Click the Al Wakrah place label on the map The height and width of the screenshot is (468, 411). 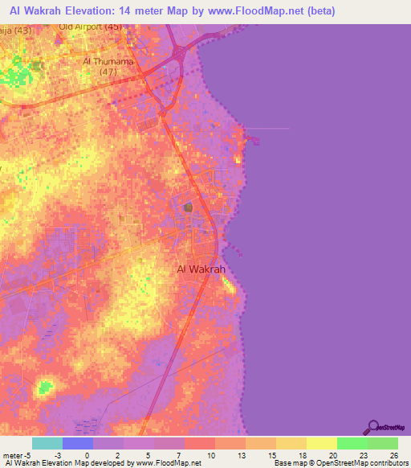(201, 269)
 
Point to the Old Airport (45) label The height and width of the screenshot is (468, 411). (91, 27)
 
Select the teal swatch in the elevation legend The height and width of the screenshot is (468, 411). (47, 443)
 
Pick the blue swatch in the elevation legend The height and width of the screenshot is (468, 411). (78, 443)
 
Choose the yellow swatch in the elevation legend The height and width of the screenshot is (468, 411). (322, 443)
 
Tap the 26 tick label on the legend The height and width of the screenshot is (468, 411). (393, 455)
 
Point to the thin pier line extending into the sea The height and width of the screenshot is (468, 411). (269, 128)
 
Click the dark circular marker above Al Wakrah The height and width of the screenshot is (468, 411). (189, 208)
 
